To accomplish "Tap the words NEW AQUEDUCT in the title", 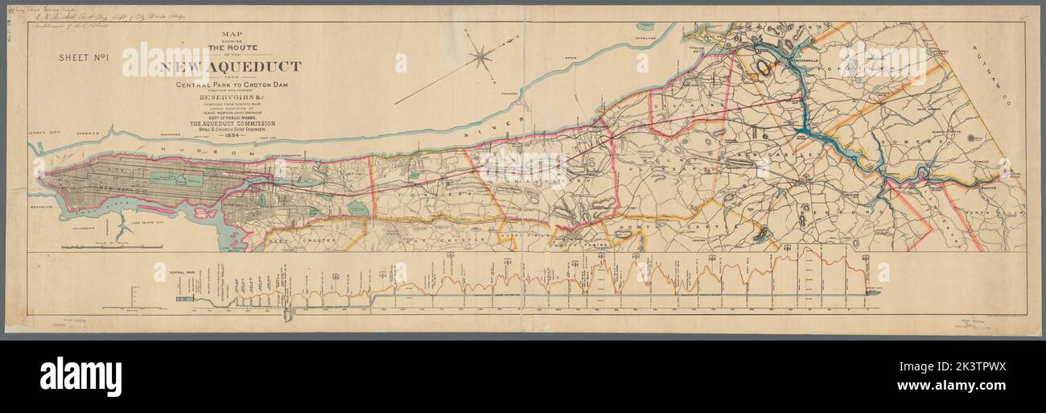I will point(231,67).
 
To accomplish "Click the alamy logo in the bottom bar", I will point(80,376).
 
